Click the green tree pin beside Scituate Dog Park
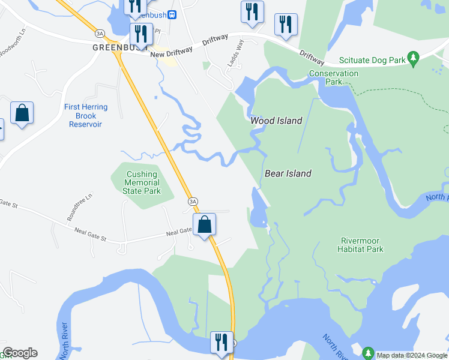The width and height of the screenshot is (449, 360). pos(412,59)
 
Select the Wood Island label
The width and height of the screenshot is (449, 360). pos(276,121)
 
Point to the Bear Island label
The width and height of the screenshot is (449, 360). pos(288,173)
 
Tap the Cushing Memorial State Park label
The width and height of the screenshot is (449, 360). pos(142,182)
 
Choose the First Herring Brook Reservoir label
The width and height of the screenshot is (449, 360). pos(86,116)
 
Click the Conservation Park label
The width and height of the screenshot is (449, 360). pos(334,77)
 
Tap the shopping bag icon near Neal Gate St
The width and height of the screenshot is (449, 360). pos(205,224)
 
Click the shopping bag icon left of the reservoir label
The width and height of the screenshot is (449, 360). pos(22,113)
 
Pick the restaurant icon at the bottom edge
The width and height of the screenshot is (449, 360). pos(221,343)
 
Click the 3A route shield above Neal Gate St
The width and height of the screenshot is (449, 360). pos(192,202)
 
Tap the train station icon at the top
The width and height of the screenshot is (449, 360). pos(172,14)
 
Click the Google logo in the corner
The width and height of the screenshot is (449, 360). pos(20,353)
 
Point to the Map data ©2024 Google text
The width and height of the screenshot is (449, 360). pos(412,355)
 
